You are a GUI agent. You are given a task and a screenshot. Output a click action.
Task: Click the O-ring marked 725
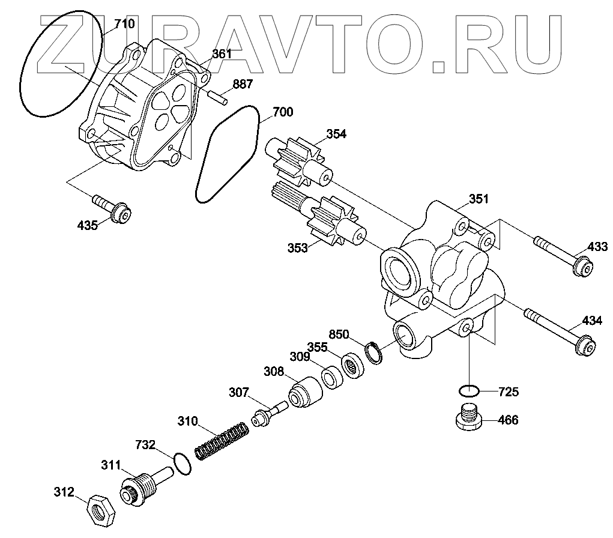pos(468,391)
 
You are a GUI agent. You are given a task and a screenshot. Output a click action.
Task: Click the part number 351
pos(479,199)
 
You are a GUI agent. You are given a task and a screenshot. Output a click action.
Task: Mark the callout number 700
pos(283,112)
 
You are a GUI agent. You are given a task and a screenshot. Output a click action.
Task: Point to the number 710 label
pos(125,25)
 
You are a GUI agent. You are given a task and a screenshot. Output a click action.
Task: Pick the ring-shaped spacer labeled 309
pos(331,378)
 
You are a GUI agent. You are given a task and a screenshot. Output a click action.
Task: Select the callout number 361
pos(222,54)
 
